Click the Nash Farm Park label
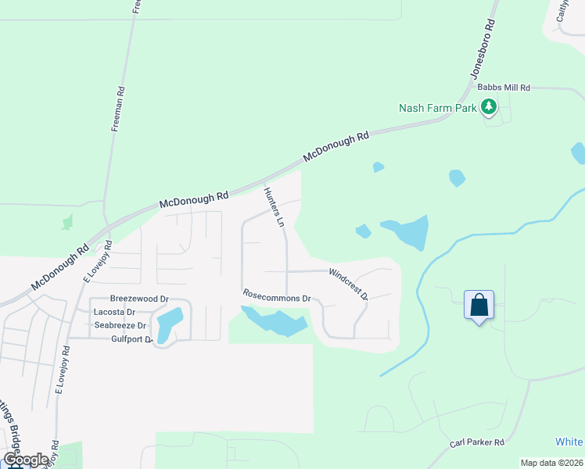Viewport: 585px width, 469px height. tap(437, 109)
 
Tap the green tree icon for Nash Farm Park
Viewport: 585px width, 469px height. tap(490, 106)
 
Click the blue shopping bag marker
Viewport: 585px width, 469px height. tap(479, 305)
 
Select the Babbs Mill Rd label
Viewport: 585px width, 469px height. tap(504, 88)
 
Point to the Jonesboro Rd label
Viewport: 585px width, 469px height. tap(483, 48)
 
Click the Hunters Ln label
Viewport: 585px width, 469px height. tap(273, 207)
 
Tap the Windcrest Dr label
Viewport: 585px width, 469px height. tap(348, 284)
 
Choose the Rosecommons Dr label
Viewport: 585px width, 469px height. tap(277, 298)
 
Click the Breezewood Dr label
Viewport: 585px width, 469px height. tap(139, 299)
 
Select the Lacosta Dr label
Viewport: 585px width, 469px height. tap(114, 312)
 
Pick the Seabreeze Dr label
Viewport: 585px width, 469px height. tap(120, 325)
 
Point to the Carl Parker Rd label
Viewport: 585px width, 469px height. tap(477, 442)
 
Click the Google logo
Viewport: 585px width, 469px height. tap(25, 460)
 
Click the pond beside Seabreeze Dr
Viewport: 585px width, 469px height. tap(169, 324)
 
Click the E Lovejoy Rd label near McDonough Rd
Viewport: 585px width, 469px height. tap(99, 262)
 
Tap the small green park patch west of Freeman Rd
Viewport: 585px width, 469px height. tap(68, 221)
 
